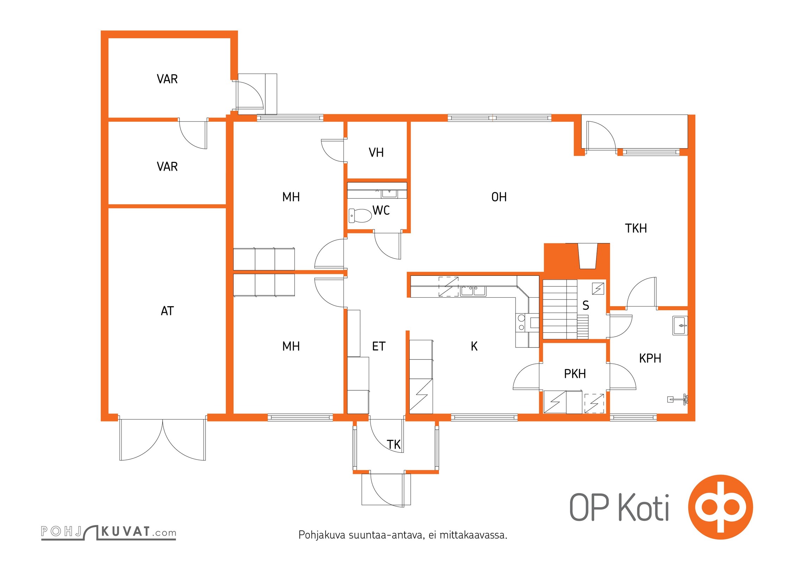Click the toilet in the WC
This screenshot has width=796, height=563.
(360, 215)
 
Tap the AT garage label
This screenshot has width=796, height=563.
(167, 311)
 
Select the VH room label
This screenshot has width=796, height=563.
(376, 153)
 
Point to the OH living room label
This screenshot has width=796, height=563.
(499, 197)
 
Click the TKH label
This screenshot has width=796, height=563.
(636, 228)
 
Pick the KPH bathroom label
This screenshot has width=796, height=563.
(650, 358)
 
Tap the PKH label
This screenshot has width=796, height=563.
(575, 374)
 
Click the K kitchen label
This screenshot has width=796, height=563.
(474, 347)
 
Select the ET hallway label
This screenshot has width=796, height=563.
(379, 347)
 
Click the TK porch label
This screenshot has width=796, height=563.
(394, 445)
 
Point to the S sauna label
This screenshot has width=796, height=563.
(586, 305)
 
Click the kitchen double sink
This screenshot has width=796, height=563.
(473, 291)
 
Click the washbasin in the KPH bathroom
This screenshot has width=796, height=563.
(680, 325)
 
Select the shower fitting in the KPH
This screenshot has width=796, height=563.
(678, 399)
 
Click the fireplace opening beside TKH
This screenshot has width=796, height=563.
(588, 256)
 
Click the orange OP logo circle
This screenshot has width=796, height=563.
(720, 507)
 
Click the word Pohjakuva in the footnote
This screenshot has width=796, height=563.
(322, 535)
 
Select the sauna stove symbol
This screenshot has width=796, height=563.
(598, 289)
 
